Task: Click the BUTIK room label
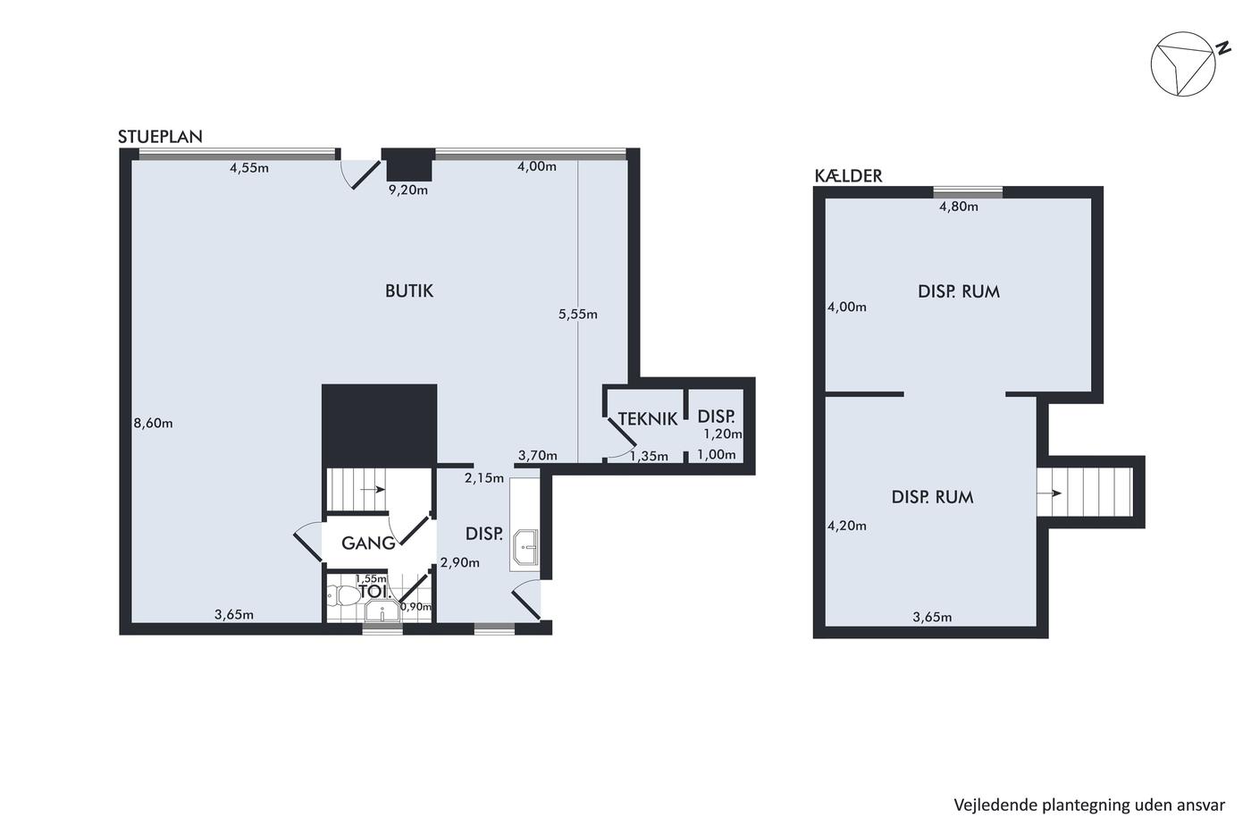coord(409,291)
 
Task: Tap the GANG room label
coord(368,543)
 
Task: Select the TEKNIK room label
coord(648,419)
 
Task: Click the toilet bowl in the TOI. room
coord(343,596)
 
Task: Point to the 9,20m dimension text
coord(408,190)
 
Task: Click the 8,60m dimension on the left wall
coord(153,424)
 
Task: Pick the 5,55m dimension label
coord(578,315)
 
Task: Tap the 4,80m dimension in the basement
coord(958,206)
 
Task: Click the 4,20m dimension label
coord(847,526)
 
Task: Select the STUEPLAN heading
coord(160,137)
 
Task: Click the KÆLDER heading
coord(848,176)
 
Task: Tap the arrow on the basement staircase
coord(1049,493)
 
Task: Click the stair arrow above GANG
coord(374,490)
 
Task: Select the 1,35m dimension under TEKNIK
coord(649,457)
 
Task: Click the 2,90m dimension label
coord(459,562)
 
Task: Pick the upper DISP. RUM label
coord(959,291)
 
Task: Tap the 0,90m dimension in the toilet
coord(416,607)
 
